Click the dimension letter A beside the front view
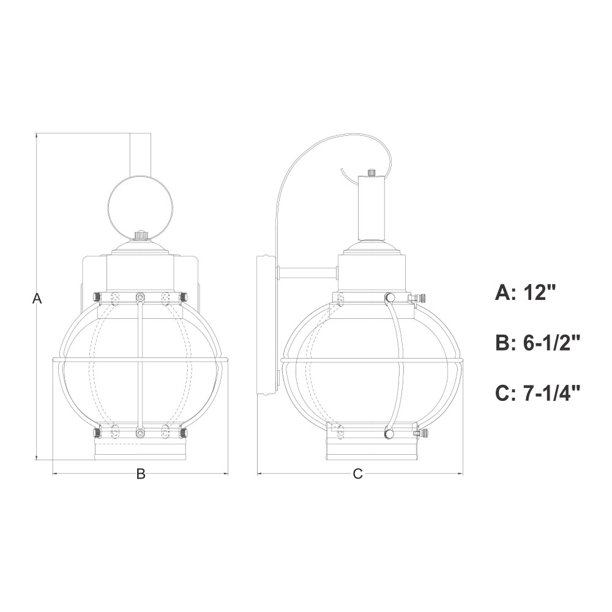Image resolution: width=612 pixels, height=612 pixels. [x=37, y=299]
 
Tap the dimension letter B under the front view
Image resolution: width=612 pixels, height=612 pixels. [x=141, y=474]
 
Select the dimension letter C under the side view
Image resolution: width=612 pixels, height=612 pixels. [x=357, y=474]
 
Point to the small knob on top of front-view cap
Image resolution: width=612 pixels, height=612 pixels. [x=140, y=235]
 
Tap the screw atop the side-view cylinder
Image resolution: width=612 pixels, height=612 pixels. [x=371, y=172]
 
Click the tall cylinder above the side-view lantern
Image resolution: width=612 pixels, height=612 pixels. [x=371, y=208]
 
